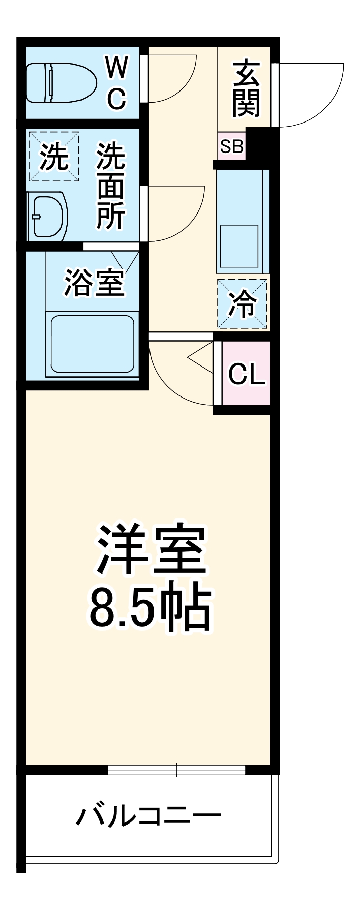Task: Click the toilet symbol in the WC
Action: (61, 83)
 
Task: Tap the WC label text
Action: (116, 83)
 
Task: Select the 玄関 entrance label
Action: (246, 88)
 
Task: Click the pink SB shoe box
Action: (231, 146)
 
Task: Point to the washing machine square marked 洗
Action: (54, 157)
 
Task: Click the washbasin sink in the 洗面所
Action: (49, 216)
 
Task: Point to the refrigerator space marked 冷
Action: (242, 303)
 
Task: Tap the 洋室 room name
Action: (152, 549)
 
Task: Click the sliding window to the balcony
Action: (176, 769)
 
